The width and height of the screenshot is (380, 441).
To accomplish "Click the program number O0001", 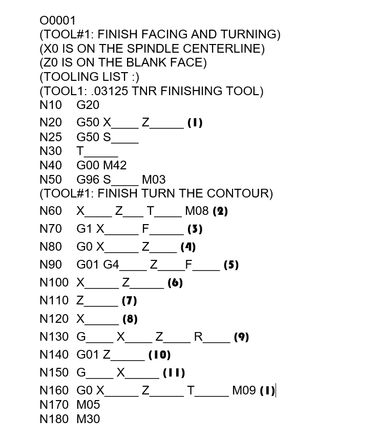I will pyautogui.click(x=57, y=20).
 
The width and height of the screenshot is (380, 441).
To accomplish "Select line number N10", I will pyautogui.click(x=50, y=105).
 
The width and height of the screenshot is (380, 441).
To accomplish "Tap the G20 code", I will pyautogui.click(x=88, y=105).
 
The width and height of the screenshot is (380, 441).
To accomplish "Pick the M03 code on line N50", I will pyautogui.click(x=154, y=180).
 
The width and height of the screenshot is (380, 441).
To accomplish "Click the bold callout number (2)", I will pyautogui.click(x=220, y=211).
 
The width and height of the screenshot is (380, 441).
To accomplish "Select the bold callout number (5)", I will pyautogui.click(x=231, y=265).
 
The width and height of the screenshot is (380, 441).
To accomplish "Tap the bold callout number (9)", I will pyautogui.click(x=241, y=337).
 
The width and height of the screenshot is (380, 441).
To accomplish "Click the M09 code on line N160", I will pyautogui.click(x=244, y=391).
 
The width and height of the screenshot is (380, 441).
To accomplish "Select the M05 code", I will pyautogui.click(x=88, y=405).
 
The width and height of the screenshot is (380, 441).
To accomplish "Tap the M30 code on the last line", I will pyautogui.click(x=88, y=419).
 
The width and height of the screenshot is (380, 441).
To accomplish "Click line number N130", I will pyautogui.click(x=54, y=337).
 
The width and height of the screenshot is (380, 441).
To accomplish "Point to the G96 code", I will pyautogui.click(x=88, y=180).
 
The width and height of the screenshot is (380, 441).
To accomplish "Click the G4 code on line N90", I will pyautogui.click(x=111, y=265).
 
